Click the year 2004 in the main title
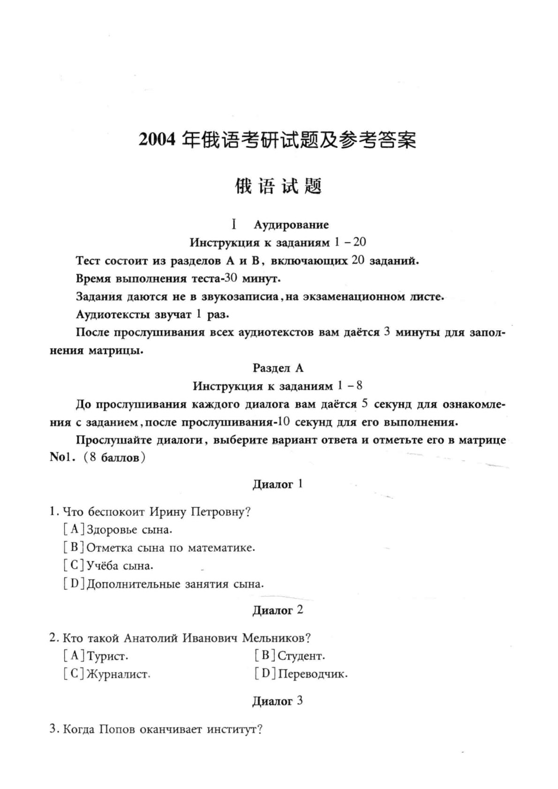158,140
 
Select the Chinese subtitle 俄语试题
278,186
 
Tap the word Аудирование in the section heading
291,225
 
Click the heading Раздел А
278,368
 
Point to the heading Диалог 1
278,484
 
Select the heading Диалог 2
278,610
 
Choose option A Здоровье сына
129,530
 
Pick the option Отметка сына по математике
171,548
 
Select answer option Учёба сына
120,566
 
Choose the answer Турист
107,656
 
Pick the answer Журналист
118,674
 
